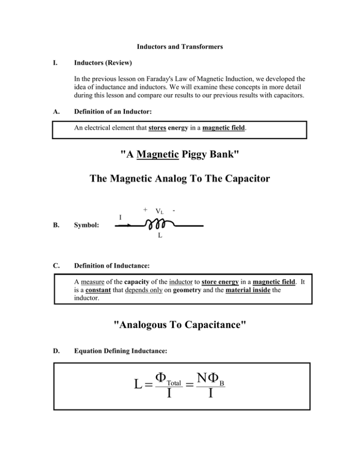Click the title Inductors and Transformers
(x=180, y=47)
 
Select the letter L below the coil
(x=160, y=236)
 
